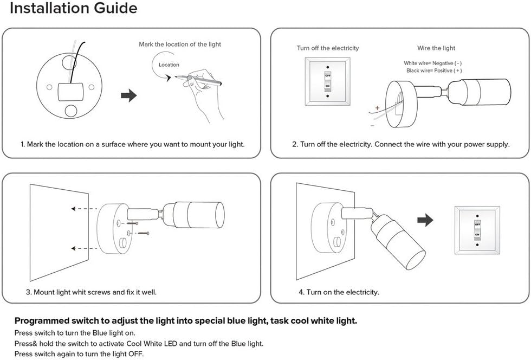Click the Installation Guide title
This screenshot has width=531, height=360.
tap(74, 9)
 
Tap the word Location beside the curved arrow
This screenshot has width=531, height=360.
tap(169, 65)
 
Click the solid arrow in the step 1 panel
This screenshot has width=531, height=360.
tap(128, 96)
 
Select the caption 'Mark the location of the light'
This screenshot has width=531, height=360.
tap(180, 44)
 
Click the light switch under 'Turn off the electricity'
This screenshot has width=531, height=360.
tap(327, 81)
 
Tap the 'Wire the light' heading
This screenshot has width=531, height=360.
tap(436, 48)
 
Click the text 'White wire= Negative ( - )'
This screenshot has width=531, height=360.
tap(432, 63)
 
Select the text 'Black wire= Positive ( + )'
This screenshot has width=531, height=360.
tap(434, 70)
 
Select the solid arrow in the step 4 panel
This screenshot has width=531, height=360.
tap(426, 220)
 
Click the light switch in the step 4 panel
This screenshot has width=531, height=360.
tap(477, 229)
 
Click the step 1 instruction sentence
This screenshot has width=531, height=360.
tap(133, 144)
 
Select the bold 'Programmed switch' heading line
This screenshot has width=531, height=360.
tap(186, 321)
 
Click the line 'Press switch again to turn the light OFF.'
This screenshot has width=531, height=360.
tap(79, 353)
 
